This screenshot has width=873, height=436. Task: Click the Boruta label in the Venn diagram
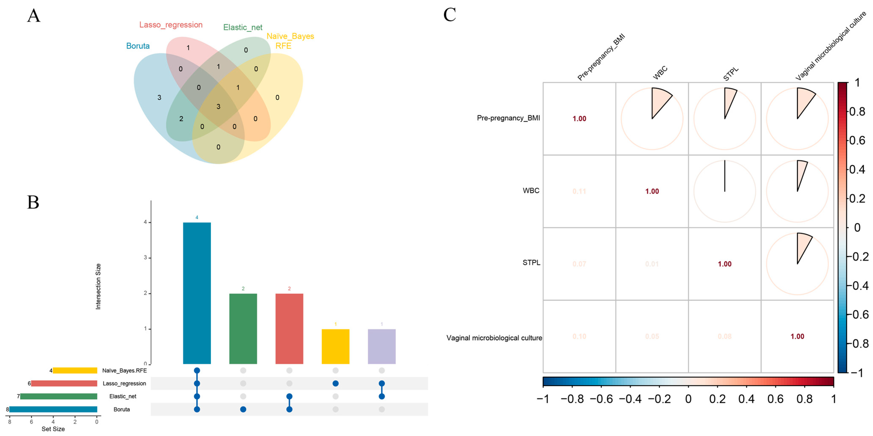[138, 46]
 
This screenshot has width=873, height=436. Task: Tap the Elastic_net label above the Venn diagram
[243, 27]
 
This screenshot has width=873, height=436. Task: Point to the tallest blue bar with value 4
[197, 293]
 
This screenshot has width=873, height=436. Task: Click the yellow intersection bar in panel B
[335, 346]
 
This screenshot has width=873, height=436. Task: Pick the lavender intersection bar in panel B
[382, 346]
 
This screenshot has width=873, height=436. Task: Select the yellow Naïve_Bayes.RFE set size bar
[75, 371]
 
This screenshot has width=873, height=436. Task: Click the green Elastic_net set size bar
[59, 396]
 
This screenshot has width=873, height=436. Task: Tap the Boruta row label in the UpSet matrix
[122, 409]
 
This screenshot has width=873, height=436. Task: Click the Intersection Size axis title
[98, 286]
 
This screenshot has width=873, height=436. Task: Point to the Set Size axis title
[53, 429]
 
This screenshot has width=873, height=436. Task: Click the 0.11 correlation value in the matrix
[579, 191]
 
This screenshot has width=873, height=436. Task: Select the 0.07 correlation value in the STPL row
[579, 264]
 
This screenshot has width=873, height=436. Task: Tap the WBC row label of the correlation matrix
[531, 191]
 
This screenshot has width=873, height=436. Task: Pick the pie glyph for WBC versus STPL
[724, 191]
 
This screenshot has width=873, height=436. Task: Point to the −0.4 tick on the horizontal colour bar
[630, 399]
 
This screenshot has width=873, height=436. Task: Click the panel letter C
[450, 15]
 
